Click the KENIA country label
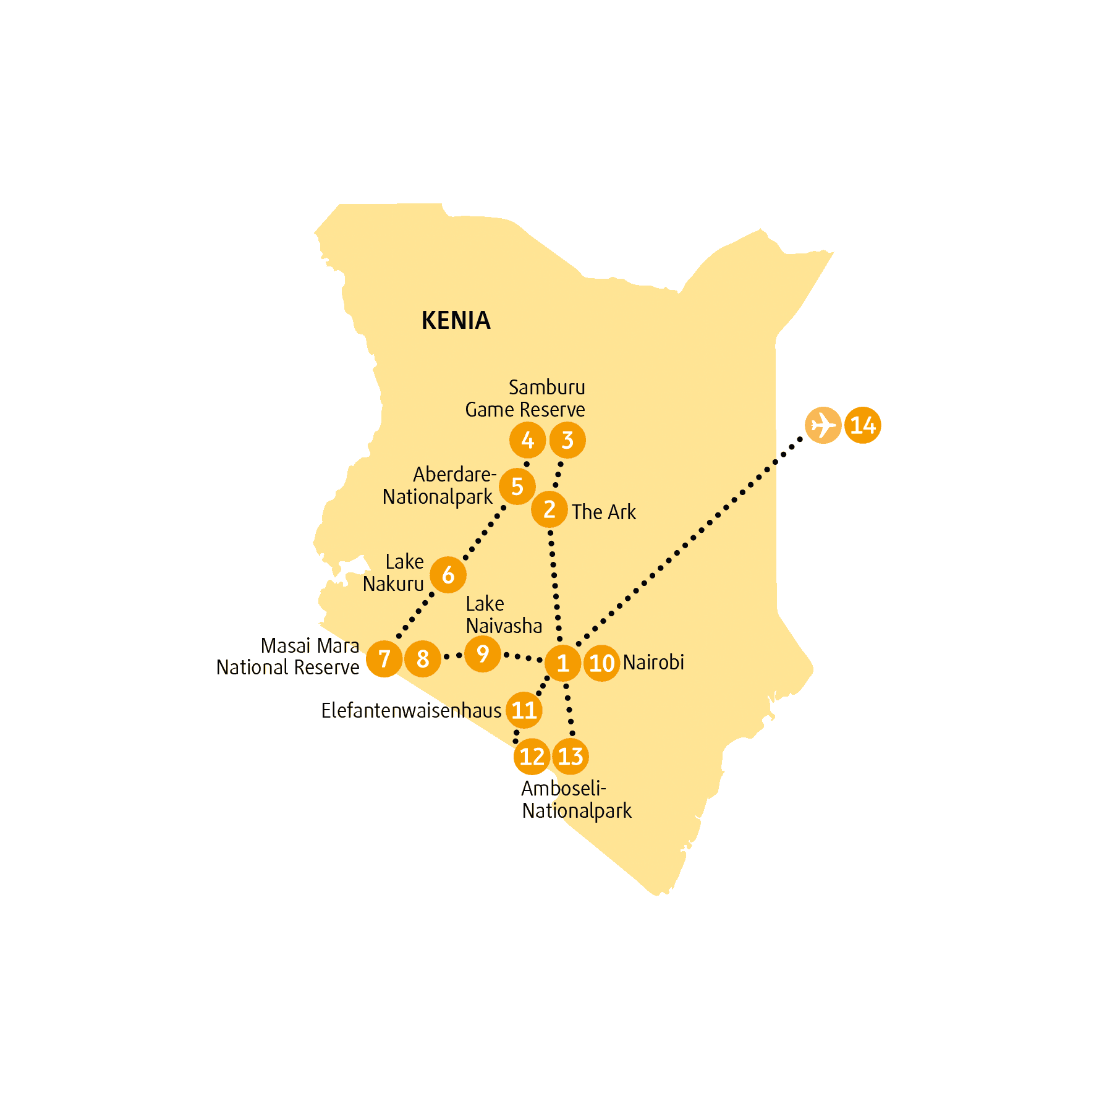point(456,320)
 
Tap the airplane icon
point(823,425)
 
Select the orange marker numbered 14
point(863,425)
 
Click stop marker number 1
point(562,663)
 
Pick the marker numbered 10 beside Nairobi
point(601,663)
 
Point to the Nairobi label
point(653,662)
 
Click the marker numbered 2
point(549,509)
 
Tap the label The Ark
point(604,512)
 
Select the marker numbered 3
point(567,440)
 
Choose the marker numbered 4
point(527,440)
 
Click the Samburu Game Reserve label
point(525,398)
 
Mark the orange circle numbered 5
point(517,486)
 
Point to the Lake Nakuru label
point(393,572)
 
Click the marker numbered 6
point(448,575)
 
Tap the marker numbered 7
point(384,659)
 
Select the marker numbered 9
point(483,654)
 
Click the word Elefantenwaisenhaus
point(411,711)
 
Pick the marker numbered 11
point(524,710)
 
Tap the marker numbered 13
point(571,757)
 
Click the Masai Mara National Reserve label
point(288,656)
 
